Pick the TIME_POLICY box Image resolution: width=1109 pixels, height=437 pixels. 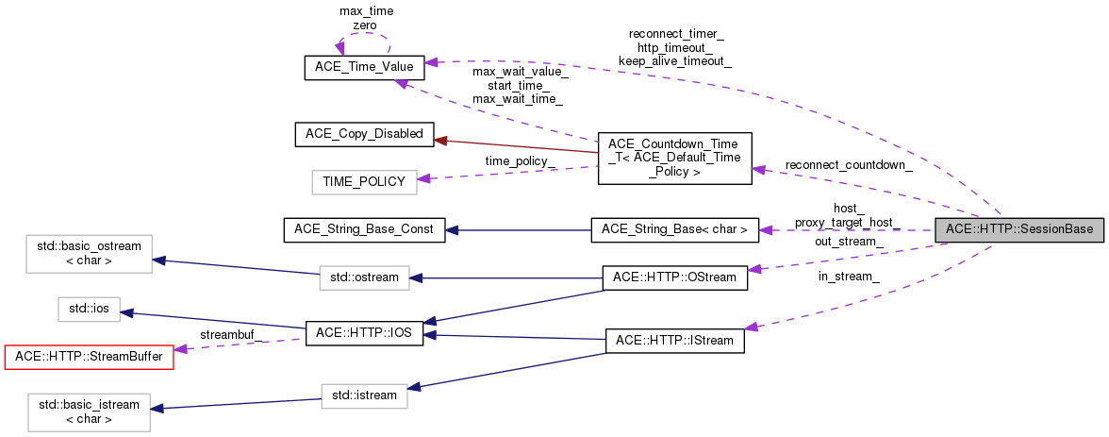pos(364,181)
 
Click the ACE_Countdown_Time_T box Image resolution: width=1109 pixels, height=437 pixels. pos(674,158)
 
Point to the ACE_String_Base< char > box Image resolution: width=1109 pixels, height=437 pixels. pos(674,229)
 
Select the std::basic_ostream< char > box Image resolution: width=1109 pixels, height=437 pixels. pos(89,253)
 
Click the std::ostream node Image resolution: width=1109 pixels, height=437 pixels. pos(364,277)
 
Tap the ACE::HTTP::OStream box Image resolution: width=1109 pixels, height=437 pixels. pos(674,277)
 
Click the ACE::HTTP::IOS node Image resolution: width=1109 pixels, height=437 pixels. pos(364,334)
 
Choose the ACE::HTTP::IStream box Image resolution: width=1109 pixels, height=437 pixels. pos(674,340)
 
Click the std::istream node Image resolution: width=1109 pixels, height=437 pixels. pos(364,395)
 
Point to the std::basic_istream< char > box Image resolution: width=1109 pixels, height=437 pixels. pos(89,412)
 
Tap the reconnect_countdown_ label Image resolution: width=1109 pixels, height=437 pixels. pos(848,165)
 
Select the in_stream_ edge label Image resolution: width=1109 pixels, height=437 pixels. pos(849,277)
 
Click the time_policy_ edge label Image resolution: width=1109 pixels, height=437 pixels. pos(520,161)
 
